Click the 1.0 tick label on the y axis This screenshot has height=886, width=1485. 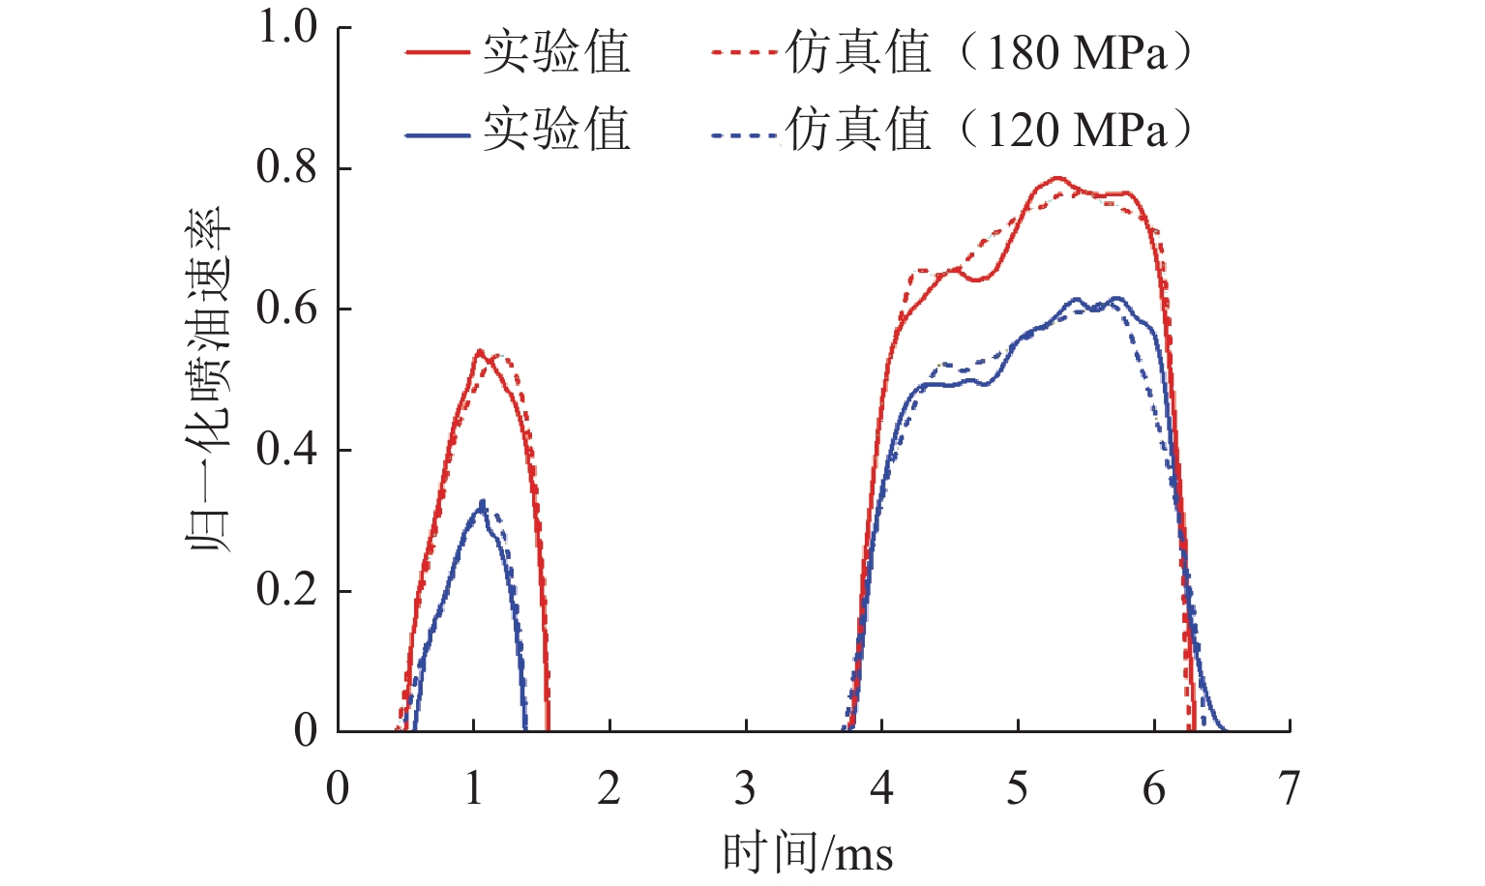[286, 27]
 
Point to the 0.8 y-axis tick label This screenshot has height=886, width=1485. [286, 167]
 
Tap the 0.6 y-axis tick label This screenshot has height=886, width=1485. [286, 309]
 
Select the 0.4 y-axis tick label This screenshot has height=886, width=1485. [286, 450]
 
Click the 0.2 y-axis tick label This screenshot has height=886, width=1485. [286, 590]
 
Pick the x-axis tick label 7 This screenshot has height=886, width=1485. [1289, 789]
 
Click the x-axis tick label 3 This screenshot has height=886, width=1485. [745, 789]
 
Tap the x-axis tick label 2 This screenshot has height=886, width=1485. [609, 789]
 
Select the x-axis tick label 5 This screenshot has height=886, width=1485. [1017, 789]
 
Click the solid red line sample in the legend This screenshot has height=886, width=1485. [437, 53]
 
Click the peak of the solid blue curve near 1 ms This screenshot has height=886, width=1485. [481, 504]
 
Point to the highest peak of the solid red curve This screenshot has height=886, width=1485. [1055, 178]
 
